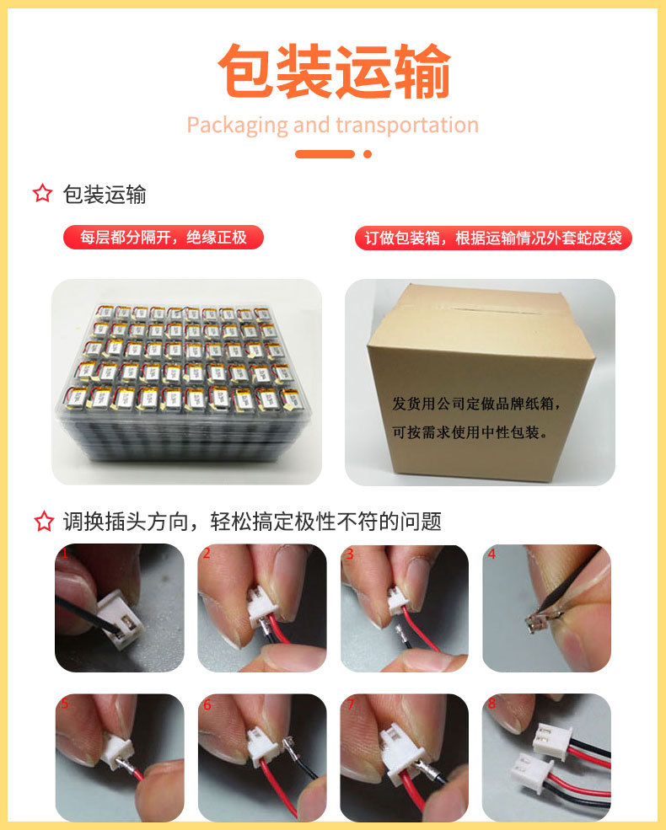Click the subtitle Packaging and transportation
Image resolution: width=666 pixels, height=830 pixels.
[x=332, y=126]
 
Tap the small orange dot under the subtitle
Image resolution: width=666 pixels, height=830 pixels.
[x=367, y=154]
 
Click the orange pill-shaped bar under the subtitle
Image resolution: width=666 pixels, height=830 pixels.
[x=325, y=154]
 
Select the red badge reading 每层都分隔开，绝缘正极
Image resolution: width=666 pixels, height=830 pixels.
[x=164, y=238]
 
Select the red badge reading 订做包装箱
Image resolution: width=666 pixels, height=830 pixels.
[x=493, y=238]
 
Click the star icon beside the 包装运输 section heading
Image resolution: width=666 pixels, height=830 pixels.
[x=43, y=195]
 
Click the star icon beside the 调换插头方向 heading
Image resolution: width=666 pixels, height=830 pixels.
[x=43, y=522]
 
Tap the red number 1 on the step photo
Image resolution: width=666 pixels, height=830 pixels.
[x=63, y=554]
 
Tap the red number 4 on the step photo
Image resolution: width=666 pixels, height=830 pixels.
[x=491, y=554]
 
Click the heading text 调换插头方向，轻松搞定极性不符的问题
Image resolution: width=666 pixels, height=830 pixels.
[x=252, y=522]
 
